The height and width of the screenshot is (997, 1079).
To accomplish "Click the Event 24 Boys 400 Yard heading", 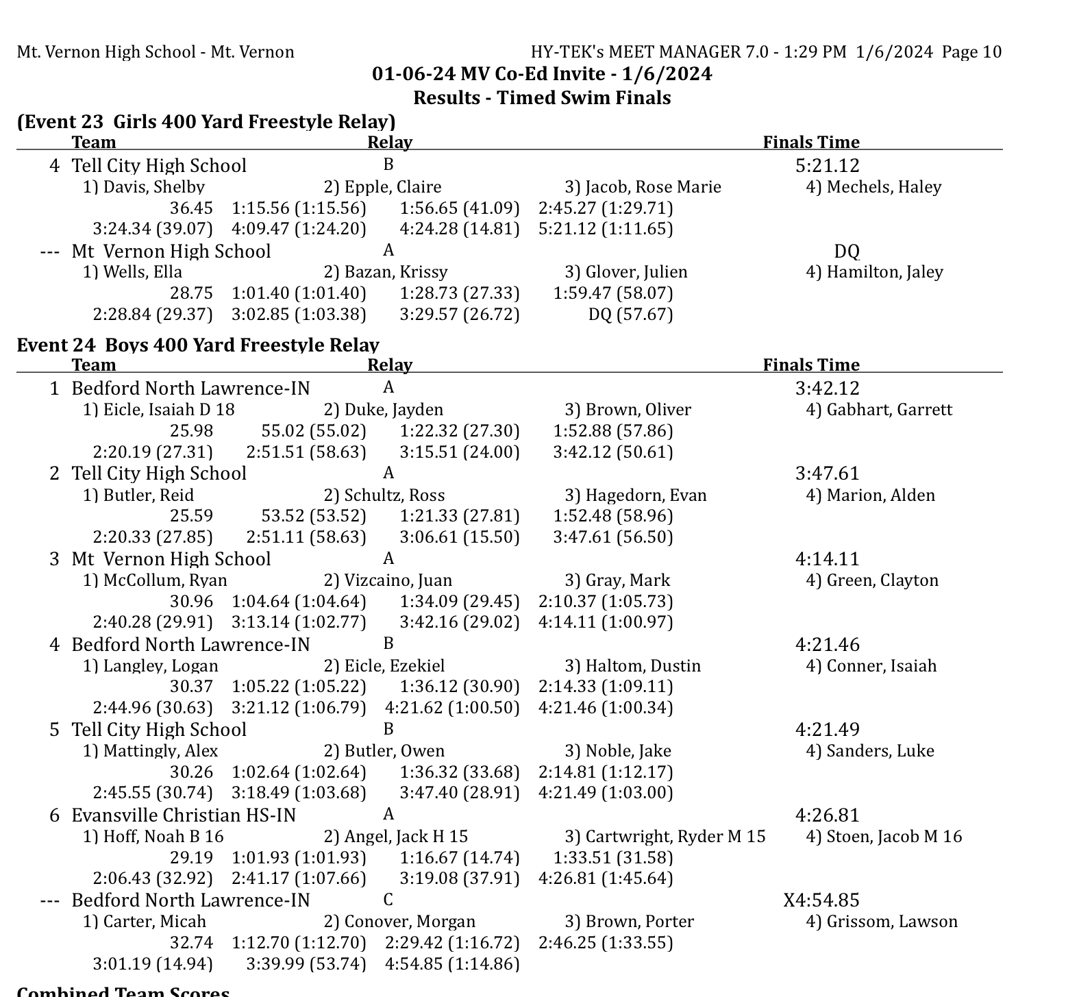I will pyautogui.click(x=198, y=345).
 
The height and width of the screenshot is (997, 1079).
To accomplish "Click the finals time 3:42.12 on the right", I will pyautogui.click(x=827, y=389).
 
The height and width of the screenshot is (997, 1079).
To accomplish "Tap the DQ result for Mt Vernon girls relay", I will pyautogui.click(x=846, y=251).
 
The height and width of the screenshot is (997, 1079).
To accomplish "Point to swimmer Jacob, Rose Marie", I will pyautogui.click(x=643, y=187).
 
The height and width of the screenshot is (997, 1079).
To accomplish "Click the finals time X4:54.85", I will pyautogui.click(x=821, y=900).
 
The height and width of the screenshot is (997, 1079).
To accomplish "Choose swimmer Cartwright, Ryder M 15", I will pyautogui.click(x=665, y=836).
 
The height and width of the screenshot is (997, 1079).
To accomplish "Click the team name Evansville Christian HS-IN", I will pyautogui.click(x=184, y=815).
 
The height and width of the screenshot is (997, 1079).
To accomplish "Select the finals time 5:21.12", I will pyautogui.click(x=827, y=166).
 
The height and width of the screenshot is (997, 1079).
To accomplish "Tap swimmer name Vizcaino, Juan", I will pyautogui.click(x=388, y=580).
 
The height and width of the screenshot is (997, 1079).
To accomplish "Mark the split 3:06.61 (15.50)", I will pyautogui.click(x=460, y=537).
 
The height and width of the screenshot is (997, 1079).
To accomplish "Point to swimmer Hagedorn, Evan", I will pyautogui.click(x=635, y=495).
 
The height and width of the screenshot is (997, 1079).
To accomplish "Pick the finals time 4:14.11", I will pyautogui.click(x=827, y=559).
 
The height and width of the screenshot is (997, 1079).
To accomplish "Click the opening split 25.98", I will pyautogui.click(x=191, y=431).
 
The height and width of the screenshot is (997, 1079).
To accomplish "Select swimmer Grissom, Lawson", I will pyautogui.click(x=882, y=922).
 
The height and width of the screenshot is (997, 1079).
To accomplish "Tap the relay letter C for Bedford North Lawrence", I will pyautogui.click(x=388, y=900).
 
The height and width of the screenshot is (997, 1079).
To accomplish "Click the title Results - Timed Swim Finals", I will pyautogui.click(x=542, y=98).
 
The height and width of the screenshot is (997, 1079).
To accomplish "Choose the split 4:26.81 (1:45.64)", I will pyautogui.click(x=606, y=878).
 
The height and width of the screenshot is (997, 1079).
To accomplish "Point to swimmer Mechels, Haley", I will pyautogui.click(x=873, y=187).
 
